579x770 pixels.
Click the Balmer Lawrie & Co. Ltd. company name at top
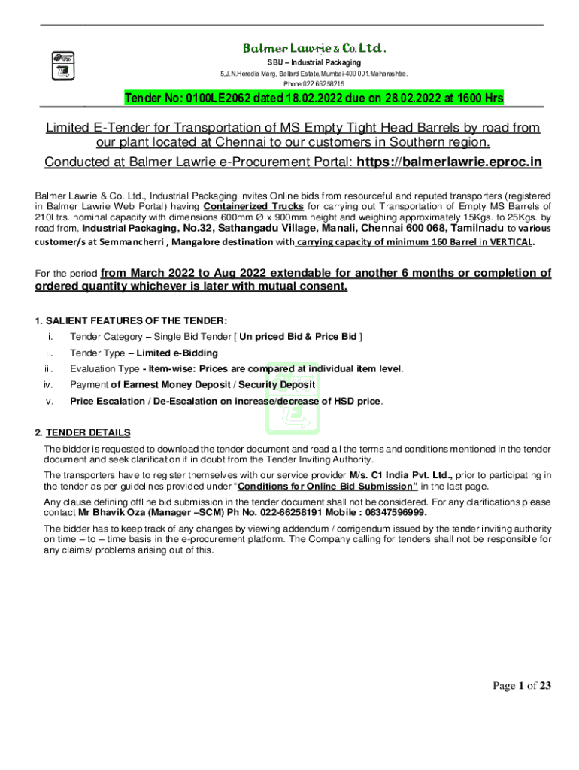click(x=314, y=48)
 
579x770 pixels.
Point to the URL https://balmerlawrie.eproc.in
click(x=449, y=162)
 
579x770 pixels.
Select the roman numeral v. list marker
click(x=50, y=401)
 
